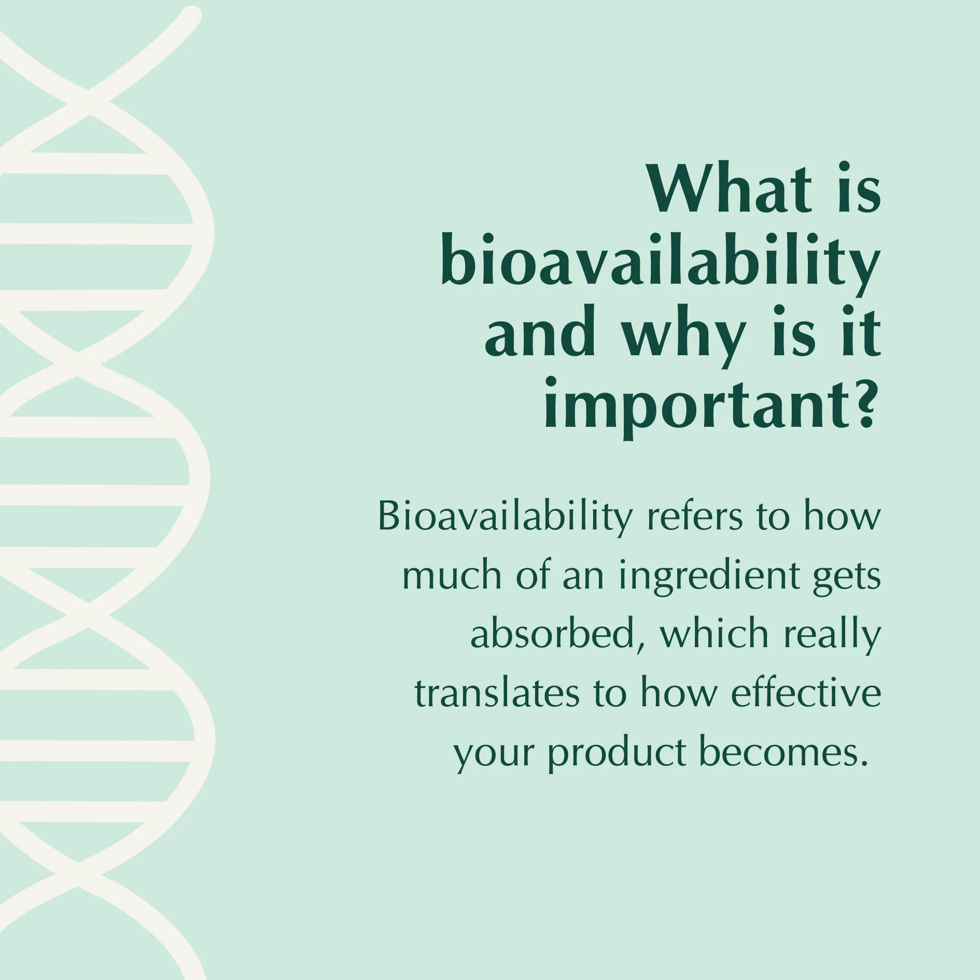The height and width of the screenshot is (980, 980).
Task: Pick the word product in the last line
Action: pos(617,754)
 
